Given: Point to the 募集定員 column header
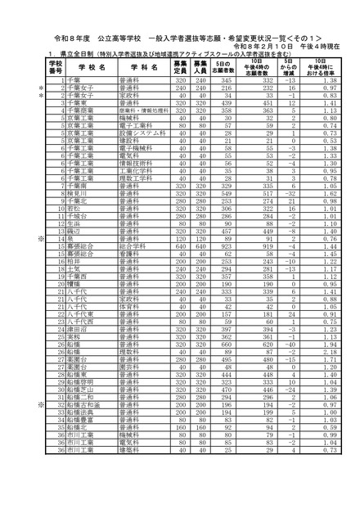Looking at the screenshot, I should [x=181, y=65].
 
